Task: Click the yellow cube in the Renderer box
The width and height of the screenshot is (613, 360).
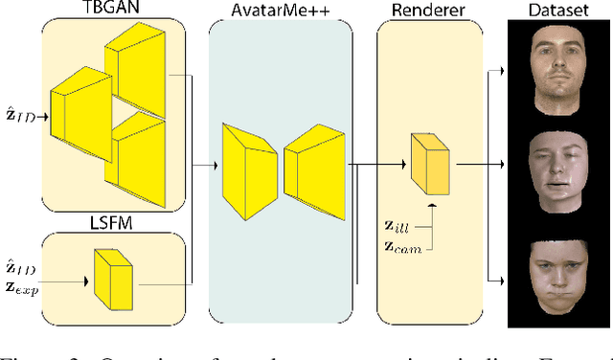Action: point(431,163)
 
